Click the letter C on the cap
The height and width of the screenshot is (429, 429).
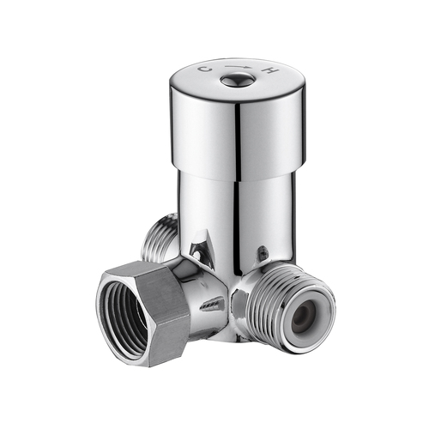pyautogui.click(x=204, y=68)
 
